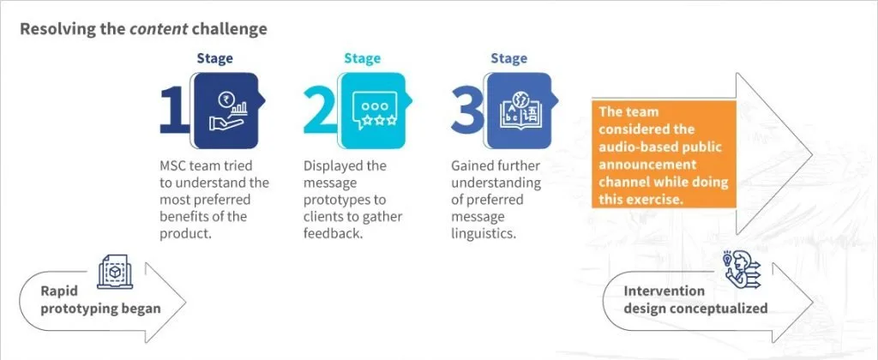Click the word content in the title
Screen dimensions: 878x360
[x=159, y=29]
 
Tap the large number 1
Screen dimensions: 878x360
[x=174, y=111]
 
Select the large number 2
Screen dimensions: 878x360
[x=321, y=111]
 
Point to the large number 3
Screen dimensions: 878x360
[x=467, y=111]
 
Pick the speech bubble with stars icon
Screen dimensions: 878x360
[x=375, y=111]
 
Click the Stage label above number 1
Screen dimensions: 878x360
[x=214, y=58]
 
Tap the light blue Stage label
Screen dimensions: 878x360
[x=363, y=58]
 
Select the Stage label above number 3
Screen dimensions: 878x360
[x=509, y=58]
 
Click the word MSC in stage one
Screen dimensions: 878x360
[x=174, y=166]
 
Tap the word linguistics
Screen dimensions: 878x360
[x=483, y=233]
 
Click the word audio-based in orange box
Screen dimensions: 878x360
[x=636, y=147]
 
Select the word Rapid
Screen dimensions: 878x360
[x=59, y=291]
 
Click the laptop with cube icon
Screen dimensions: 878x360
[x=115, y=272]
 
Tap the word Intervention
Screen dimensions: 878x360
[x=665, y=291]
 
